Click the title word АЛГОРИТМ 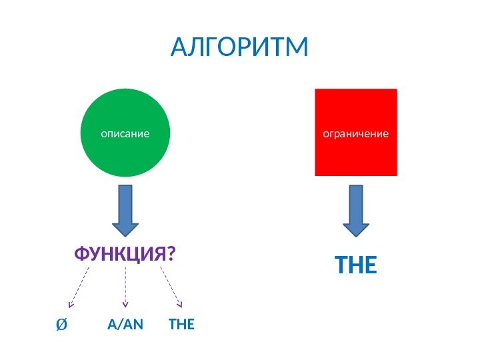239,47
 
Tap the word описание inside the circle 125,133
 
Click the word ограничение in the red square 355,133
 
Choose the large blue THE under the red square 356,267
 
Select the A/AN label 125,325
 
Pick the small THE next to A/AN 181,325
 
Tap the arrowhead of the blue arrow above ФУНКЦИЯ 125,227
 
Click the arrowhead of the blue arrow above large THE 356,228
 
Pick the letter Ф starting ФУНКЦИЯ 81,254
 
